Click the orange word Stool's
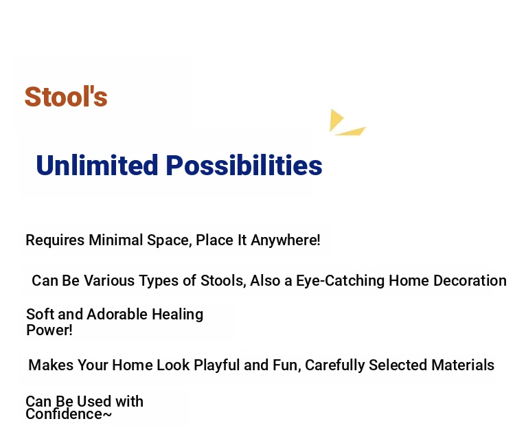click(x=66, y=97)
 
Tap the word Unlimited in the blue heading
click(x=98, y=165)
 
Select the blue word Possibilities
click(x=244, y=165)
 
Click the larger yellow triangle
click(x=336, y=120)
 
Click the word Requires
click(x=55, y=240)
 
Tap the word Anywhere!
click(x=286, y=240)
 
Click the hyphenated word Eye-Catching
click(x=341, y=282)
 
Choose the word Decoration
click(x=448, y=281)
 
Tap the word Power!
click(x=49, y=330)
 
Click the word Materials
click(x=463, y=365)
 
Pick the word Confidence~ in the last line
click(x=69, y=414)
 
